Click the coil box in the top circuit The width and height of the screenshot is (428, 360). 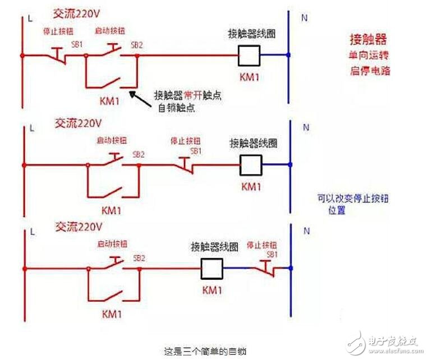[250, 55]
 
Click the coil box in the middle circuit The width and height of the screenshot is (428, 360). [251, 164]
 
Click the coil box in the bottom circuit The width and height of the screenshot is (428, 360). [213, 270]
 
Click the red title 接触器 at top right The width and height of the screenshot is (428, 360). [369, 40]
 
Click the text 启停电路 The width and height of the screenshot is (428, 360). [368, 71]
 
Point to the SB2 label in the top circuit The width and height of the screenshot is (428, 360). [137, 44]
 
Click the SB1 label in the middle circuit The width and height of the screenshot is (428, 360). [195, 151]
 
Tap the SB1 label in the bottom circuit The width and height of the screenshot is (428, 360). [272, 255]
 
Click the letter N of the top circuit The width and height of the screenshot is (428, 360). [305, 18]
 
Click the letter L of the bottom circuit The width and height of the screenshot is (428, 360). [32, 231]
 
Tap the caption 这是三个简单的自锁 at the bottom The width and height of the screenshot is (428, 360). [205, 352]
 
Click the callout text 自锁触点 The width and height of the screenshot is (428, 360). [176, 108]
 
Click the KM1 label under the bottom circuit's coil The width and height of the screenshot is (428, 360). [213, 290]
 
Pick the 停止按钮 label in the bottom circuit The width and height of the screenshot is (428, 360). [266, 246]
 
